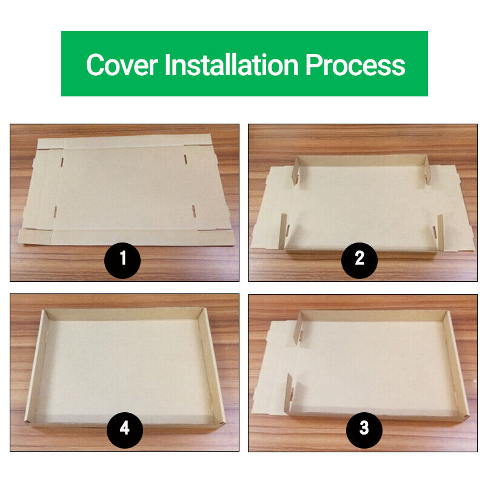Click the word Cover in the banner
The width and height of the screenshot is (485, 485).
tap(122, 65)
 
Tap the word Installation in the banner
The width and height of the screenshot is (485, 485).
tap(232, 64)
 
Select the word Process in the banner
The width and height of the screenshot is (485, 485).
tap(355, 65)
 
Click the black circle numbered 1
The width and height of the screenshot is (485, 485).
tap(122, 261)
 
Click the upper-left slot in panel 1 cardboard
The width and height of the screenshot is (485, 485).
tap(62, 162)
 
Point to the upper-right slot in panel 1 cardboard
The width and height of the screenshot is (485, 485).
tap(186, 159)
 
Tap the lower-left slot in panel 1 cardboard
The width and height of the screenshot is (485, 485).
tap(55, 212)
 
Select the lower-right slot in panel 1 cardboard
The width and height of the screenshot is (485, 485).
tap(193, 210)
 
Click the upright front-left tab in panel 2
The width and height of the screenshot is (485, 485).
tap(283, 232)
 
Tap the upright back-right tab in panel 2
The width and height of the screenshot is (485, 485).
tap(427, 171)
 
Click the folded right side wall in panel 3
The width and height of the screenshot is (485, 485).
tap(455, 364)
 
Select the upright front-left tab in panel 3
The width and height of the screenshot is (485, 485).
tap(290, 393)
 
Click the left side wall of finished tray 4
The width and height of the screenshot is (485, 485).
tap(36, 366)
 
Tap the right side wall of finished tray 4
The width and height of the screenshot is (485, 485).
tap(212, 365)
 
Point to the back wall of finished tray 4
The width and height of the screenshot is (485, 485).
tap(123, 313)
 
